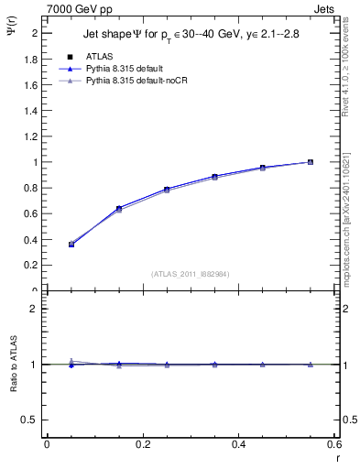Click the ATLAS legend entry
(x=99, y=56)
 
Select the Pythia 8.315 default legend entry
(x=124, y=69)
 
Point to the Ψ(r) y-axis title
(x=12, y=34)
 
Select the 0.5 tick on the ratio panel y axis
(x=33, y=420)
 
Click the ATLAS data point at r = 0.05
(x=71, y=245)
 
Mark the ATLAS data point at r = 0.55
(x=311, y=162)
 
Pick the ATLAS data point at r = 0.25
(x=167, y=190)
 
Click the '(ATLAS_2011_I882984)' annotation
(x=191, y=274)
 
